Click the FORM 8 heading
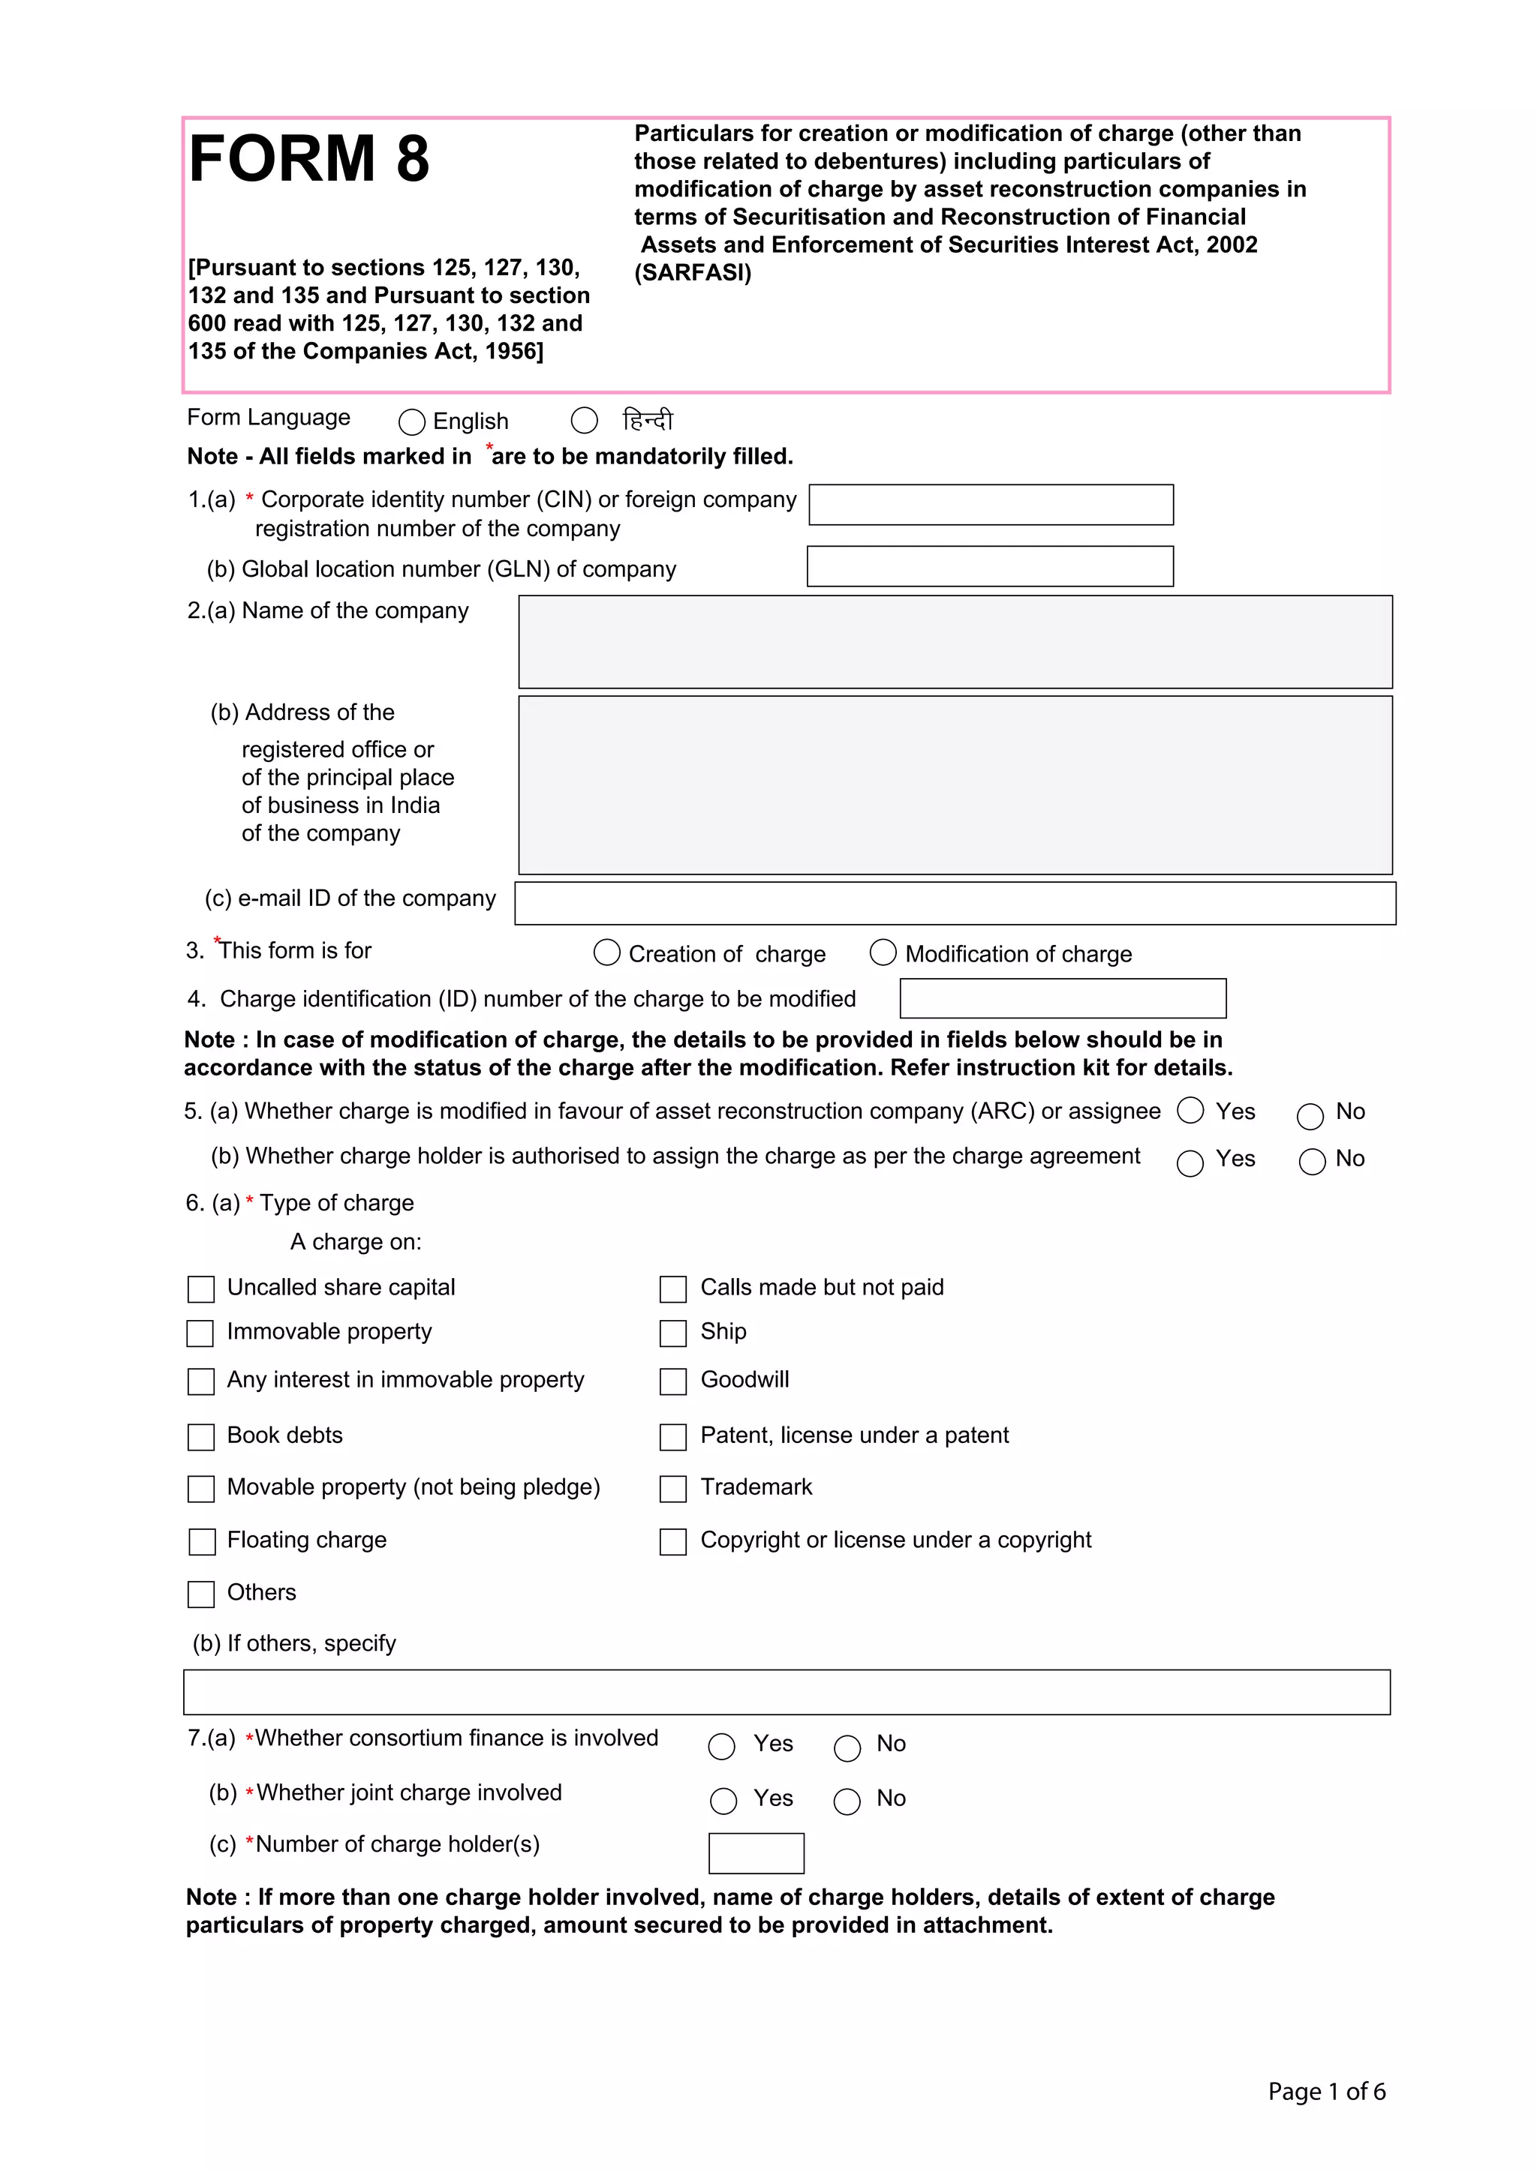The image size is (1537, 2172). click(x=308, y=158)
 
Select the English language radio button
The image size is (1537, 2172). click(x=412, y=421)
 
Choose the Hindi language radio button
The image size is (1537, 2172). click(x=584, y=420)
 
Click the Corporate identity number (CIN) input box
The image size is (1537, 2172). click(x=991, y=504)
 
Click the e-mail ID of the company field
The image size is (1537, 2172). click(x=955, y=904)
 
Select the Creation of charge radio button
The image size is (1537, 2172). click(x=606, y=952)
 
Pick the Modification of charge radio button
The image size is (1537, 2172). click(x=883, y=952)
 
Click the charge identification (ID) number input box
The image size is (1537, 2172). click(x=1063, y=998)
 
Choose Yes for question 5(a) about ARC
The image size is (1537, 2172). click(x=1190, y=1111)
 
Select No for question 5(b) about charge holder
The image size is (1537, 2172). click(x=1312, y=1162)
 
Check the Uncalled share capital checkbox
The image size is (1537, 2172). click(x=200, y=1289)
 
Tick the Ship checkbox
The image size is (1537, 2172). click(x=673, y=1333)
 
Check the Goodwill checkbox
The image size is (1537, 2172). click(x=673, y=1381)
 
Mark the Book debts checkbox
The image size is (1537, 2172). click(x=200, y=1437)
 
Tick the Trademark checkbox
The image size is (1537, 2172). click(x=673, y=1489)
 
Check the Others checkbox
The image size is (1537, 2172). click(x=200, y=1594)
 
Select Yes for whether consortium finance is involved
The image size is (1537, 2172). click(x=721, y=1746)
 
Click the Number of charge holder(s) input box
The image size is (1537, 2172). click(x=756, y=1853)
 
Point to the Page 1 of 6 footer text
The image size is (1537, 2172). click(x=1326, y=2091)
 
